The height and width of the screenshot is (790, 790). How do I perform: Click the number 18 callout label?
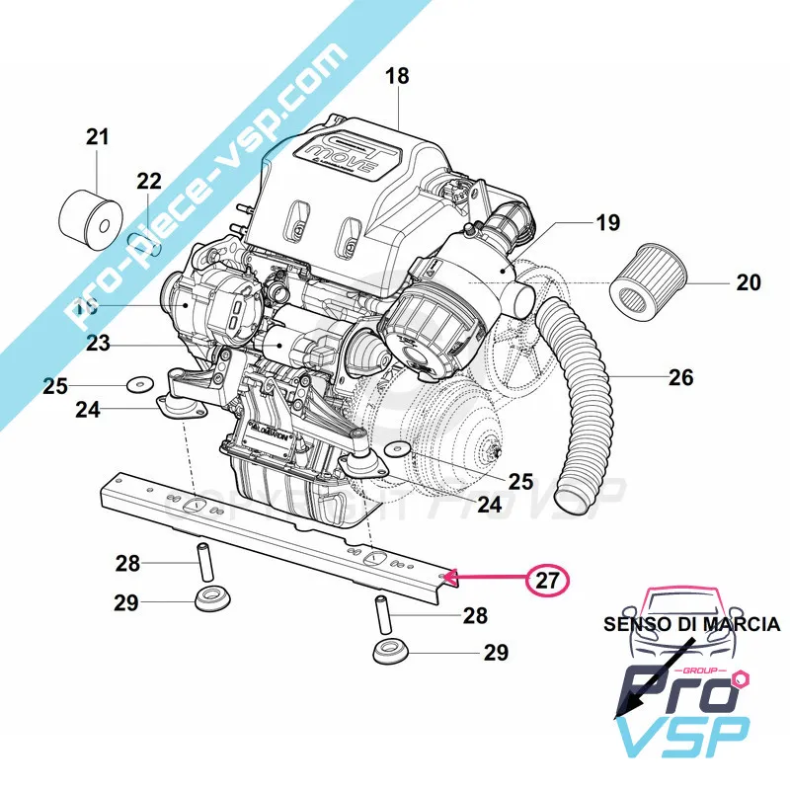[396, 76]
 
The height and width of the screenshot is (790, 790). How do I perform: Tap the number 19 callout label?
[608, 223]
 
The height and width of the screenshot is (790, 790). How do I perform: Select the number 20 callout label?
[749, 283]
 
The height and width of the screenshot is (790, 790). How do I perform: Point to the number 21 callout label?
[97, 137]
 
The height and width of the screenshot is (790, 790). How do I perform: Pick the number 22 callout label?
[148, 181]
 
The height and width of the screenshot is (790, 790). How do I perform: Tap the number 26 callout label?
[680, 376]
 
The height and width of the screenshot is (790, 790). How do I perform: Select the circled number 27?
[545, 581]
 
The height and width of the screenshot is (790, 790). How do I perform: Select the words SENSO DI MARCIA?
[692, 624]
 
